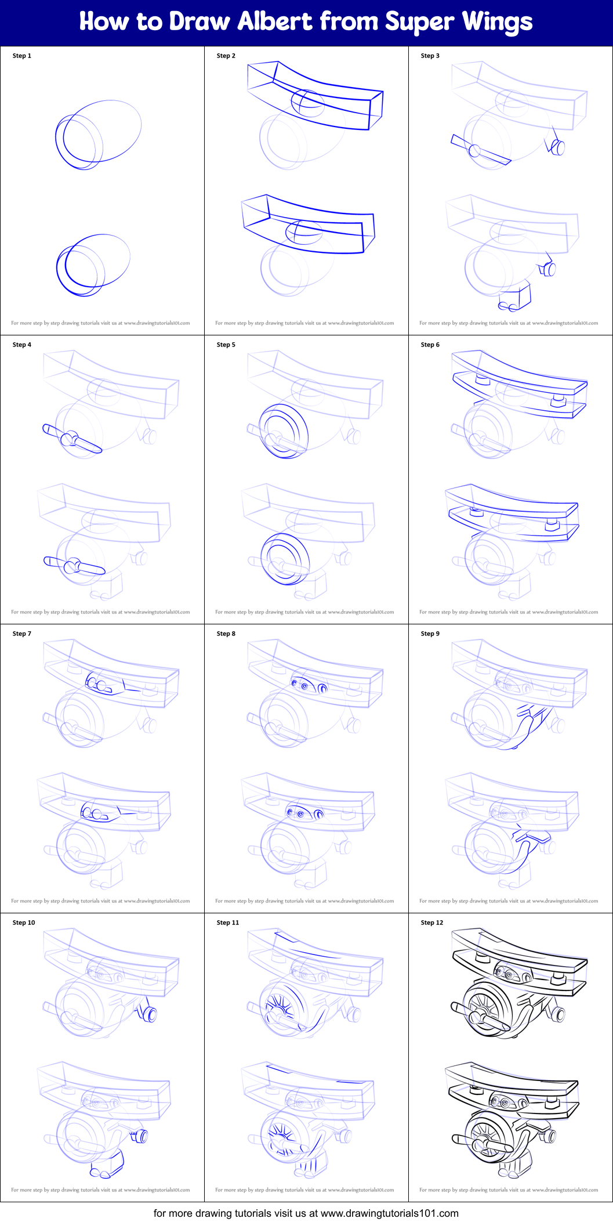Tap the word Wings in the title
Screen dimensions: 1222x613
(497, 22)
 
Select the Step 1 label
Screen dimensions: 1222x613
(22, 56)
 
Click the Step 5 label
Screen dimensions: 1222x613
(226, 345)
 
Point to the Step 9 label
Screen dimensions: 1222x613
(430, 634)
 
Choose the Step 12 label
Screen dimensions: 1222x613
(432, 923)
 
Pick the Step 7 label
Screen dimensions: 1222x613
(22, 634)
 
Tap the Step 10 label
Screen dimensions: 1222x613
(24, 923)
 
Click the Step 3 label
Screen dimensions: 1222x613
(430, 56)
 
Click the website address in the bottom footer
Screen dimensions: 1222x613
(389, 1213)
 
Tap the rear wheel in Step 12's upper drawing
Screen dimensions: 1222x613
(559, 1014)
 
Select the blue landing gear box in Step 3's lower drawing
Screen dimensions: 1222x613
(516, 297)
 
